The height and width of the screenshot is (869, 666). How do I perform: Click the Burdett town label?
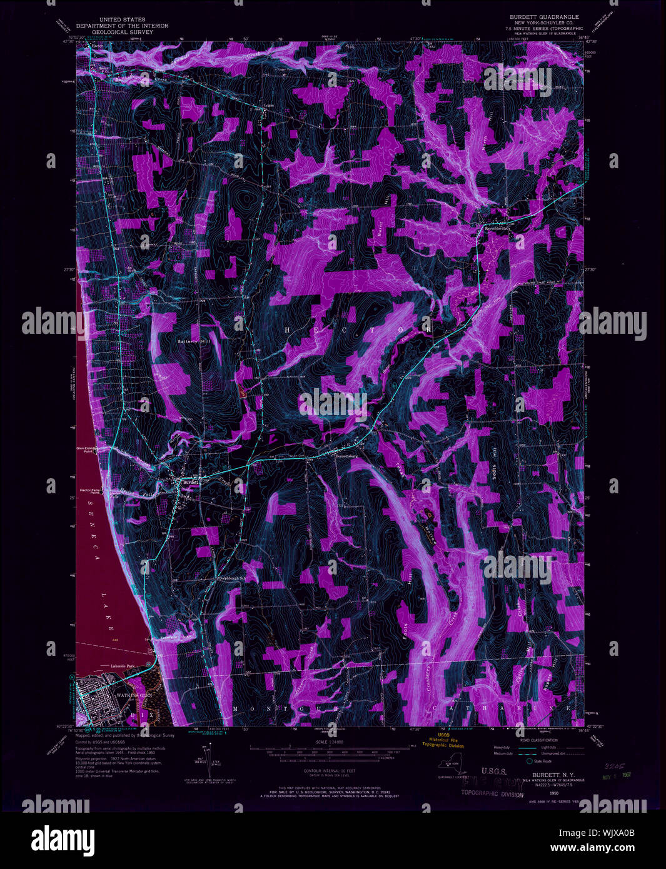(x=189, y=483)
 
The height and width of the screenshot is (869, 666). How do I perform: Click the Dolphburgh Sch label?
(x=233, y=578)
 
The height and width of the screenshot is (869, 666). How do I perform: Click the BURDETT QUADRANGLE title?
(x=543, y=17)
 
